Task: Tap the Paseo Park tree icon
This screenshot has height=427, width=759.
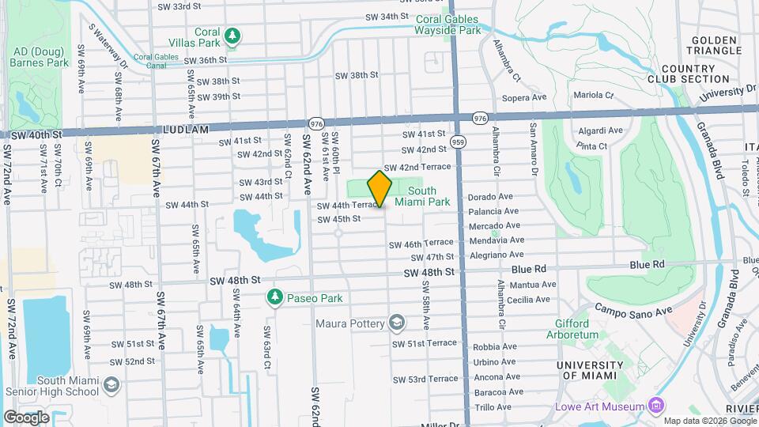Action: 274,297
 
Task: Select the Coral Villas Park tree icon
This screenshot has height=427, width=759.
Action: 232,36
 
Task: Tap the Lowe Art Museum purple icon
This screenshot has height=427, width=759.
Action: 655,406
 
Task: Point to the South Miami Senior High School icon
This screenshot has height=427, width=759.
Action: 111,385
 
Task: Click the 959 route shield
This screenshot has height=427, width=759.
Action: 458,142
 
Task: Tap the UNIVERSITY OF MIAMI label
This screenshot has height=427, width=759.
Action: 591,369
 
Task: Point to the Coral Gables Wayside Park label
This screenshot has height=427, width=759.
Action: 448,25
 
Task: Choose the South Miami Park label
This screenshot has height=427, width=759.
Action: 422,196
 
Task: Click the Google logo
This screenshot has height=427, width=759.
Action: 26,418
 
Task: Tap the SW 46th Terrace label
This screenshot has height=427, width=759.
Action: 421,244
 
